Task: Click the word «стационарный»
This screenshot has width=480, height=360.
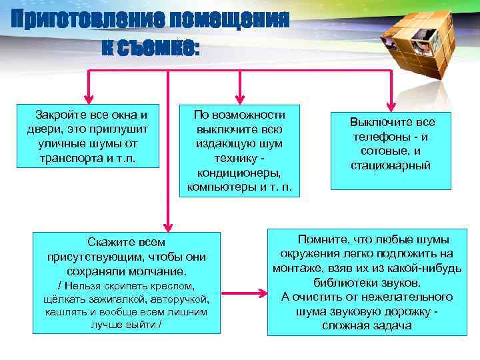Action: [x=391, y=165]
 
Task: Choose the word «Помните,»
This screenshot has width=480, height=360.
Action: [x=324, y=239]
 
